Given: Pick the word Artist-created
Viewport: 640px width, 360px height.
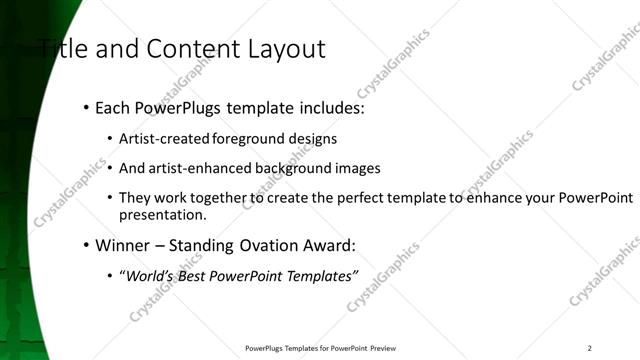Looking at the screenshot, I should [x=159, y=139].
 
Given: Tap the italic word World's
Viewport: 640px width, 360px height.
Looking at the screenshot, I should [x=148, y=275].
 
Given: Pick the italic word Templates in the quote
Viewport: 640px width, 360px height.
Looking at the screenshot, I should [x=320, y=275].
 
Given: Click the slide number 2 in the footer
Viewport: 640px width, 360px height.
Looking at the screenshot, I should [x=590, y=348].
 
